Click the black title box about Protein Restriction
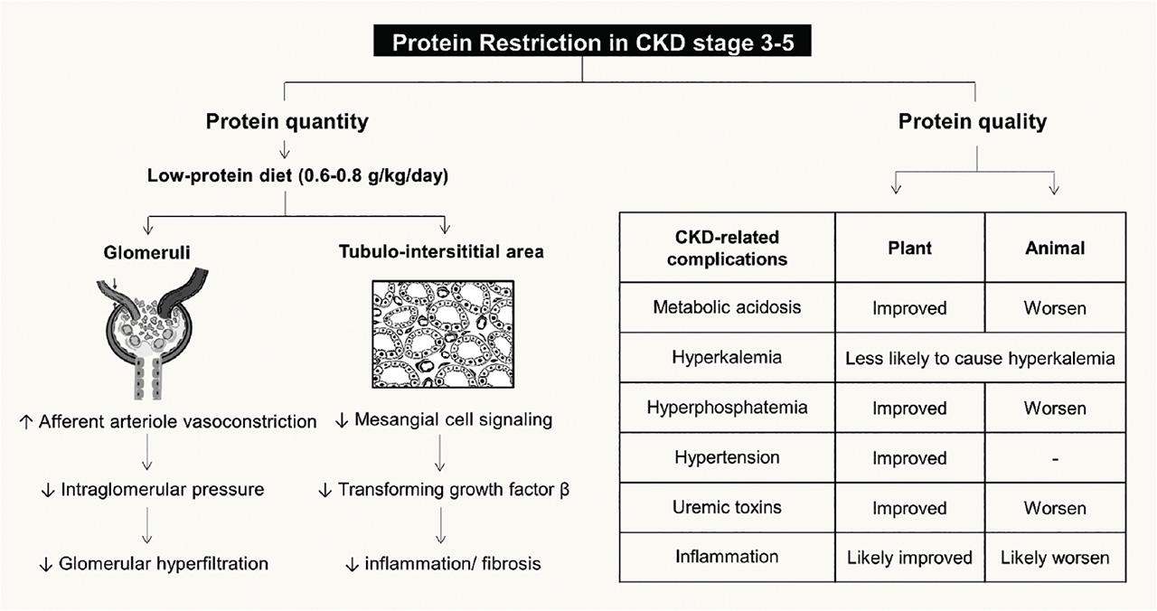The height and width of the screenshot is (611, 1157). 592,41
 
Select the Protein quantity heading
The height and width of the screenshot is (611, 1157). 287,121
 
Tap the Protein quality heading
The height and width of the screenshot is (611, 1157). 972,121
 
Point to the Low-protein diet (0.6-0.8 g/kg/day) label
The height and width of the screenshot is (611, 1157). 297,175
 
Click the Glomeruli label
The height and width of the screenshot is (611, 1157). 146,252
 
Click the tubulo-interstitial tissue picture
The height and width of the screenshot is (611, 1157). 443,334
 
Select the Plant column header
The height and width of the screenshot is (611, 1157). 909,248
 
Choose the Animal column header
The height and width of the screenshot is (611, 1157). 1055,248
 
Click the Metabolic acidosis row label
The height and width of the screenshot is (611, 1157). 727,307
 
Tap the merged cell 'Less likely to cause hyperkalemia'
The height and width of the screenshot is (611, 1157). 980,358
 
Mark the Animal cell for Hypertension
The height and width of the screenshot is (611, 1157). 1055,457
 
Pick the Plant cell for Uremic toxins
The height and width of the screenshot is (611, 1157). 909,508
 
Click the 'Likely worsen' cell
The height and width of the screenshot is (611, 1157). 1055,558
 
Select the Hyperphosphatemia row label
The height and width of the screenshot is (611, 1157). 727,408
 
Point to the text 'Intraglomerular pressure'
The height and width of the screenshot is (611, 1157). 162,489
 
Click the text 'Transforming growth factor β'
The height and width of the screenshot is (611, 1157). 454,489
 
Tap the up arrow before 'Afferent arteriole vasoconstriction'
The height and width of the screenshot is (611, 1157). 26,423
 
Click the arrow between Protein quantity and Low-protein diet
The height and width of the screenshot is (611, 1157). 284,150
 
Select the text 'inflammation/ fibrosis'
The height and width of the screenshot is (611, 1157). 453,563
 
